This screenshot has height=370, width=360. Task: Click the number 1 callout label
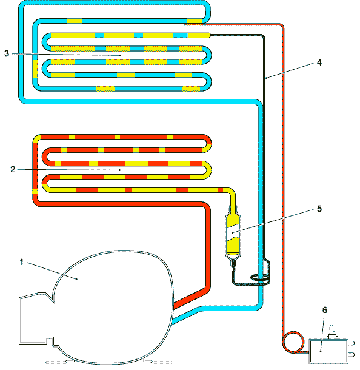tap(21, 262)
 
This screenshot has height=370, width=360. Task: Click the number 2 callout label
tap(13, 169)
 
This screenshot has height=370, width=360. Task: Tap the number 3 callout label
tap(7, 53)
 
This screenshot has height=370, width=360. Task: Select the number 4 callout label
tap(319, 62)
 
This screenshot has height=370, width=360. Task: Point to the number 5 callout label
tap(319, 209)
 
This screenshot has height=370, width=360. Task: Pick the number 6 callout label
tap(325, 310)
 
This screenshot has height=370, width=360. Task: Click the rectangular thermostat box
tap(328, 351)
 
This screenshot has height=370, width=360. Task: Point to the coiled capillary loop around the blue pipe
tap(260, 278)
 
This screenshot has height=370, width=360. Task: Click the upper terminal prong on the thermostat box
tap(352, 343)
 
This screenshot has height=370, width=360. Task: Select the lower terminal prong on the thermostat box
tap(352, 354)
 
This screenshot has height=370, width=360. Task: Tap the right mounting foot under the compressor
tap(158, 361)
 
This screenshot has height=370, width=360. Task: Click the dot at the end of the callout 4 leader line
tap(266, 78)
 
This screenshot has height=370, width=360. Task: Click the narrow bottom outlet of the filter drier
tap(233, 263)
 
